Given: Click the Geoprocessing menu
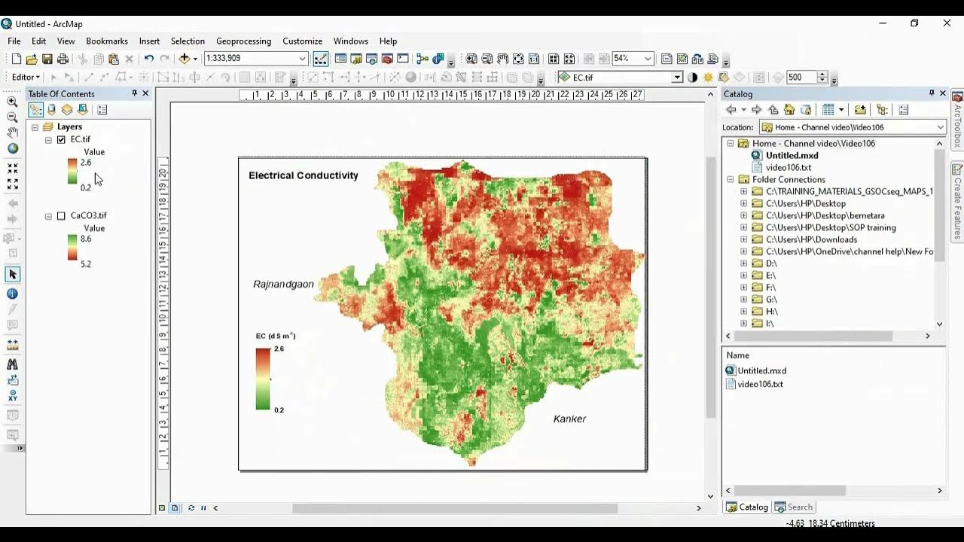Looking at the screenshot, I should (x=243, y=41).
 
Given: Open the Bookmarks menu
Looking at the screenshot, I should (x=107, y=41).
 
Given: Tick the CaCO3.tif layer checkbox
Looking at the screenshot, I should (x=62, y=216).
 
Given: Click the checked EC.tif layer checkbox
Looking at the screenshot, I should (x=62, y=140).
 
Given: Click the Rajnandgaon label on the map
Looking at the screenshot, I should (x=283, y=285).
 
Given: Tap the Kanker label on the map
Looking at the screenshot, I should (x=569, y=419).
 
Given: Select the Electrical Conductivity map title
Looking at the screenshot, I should (x=304, y=175).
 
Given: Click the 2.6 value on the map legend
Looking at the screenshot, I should (x=279, y=349).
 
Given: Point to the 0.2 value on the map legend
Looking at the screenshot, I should (x=279, y=410).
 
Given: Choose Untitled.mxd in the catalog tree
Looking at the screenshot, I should (x=792, y=156).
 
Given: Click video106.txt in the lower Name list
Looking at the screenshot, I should (x=760, y=384).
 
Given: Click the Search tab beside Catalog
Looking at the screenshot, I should (x=795, y=507).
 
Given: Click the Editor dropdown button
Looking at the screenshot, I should (x=26, y=78).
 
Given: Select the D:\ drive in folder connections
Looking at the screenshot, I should (x=771, y=263).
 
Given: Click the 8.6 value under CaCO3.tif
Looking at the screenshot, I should (x=86, y=239).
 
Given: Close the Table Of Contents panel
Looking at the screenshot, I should (x=146, y=93).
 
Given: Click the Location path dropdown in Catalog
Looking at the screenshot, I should (x=852, y=127).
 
